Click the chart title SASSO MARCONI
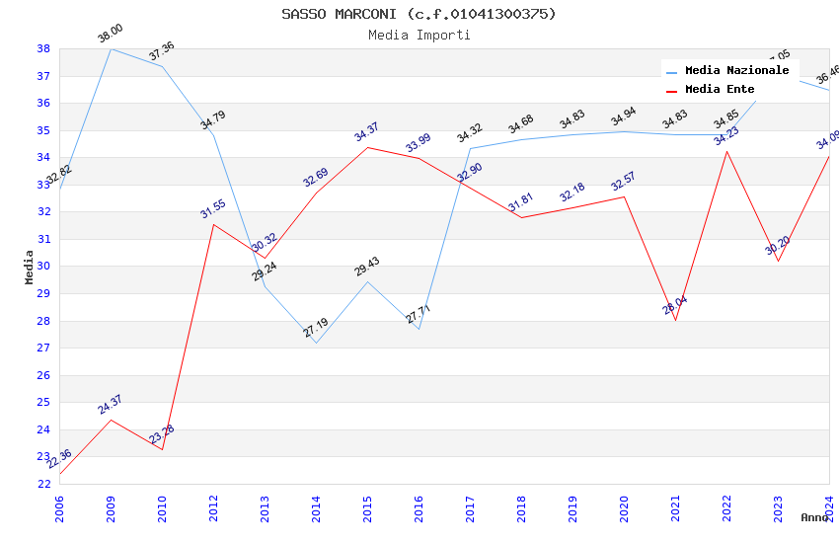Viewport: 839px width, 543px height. pyautogui.click(x=419, y=14)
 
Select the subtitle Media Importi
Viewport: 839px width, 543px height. pyautogui.click(x=419, y=35)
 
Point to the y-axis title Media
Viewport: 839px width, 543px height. pyautogui.click(x=30, y=267)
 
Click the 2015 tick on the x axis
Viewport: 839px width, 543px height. pyautogui.click(x=367, y=504)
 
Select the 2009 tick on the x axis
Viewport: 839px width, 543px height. pyautogui.click(x=111, y=504)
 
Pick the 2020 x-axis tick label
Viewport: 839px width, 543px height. pyautogui.click(x=624, y=504)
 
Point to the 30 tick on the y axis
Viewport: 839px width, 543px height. pyautogui.click(x=43, y=267)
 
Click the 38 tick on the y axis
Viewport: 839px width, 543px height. pyautogui.click(x=43, y=48)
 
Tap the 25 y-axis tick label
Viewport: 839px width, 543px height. pyautogui.click(x=43, y=403)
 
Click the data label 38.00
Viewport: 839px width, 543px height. pyautogui.click(x=111, y=35)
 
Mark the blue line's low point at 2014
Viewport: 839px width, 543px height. pyautogui.click(x=316, y=343)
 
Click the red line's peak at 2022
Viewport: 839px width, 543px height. pyautogui.click(x=726, y=151)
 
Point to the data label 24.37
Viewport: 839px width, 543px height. pyautogui.click(x=110, y=404)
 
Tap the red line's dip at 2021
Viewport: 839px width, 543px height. pyautogui.click(x=675, y=320)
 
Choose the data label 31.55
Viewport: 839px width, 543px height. pyautogui.click(x=212, y=208)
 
